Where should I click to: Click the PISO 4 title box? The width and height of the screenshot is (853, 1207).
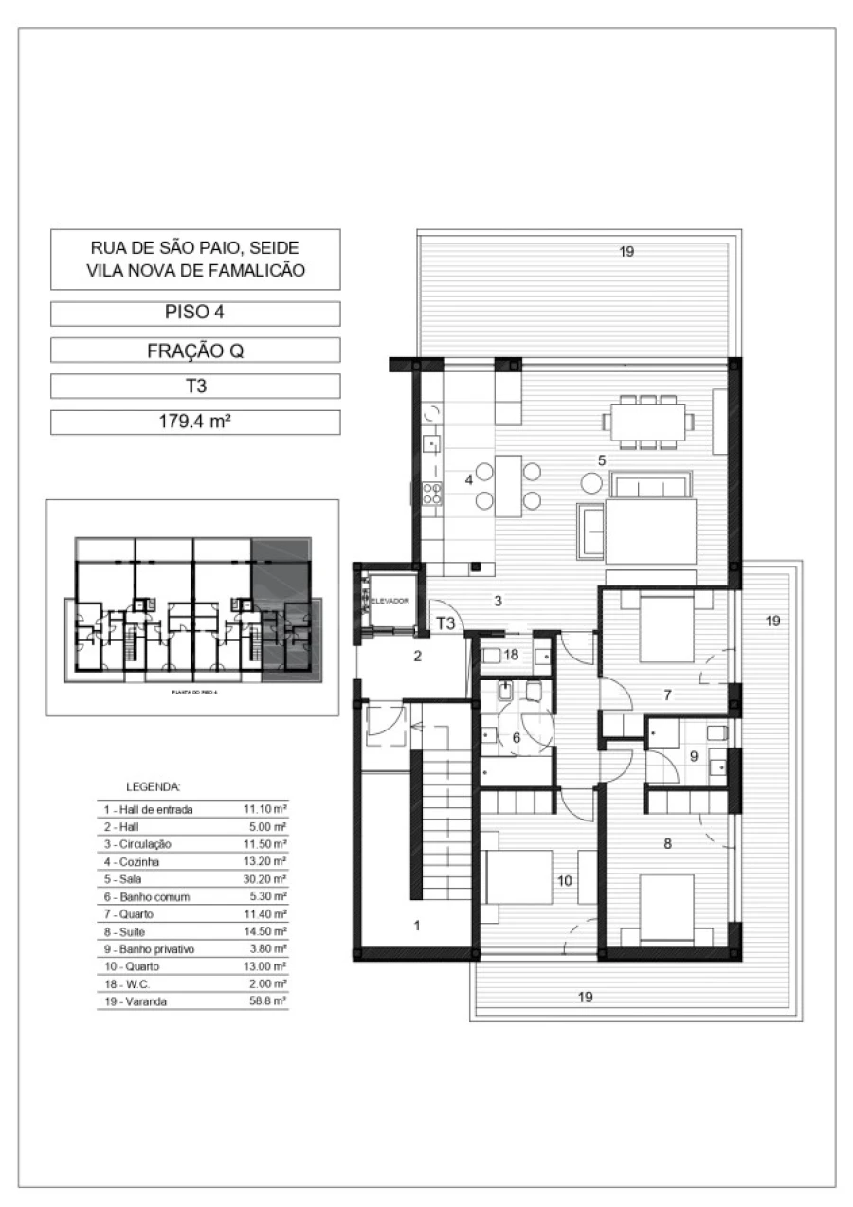tap(194, 314)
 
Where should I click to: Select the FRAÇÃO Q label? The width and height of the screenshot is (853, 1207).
tap(194, 351)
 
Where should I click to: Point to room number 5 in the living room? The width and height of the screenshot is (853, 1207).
tap(601, 459)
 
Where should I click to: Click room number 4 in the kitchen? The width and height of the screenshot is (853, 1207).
tap(468, 479)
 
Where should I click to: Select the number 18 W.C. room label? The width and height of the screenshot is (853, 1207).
tap(510, 655)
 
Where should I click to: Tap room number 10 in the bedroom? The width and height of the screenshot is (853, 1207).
tap(564, 880)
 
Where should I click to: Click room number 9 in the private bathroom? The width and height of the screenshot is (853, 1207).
tap(693, 756)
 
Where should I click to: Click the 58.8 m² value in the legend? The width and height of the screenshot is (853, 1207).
tap(268, 1000)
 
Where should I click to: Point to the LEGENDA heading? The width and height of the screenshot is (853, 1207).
tap(153, 786)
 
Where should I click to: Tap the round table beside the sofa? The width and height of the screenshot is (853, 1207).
tap(592, 482)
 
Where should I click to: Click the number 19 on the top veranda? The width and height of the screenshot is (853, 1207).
tap(626, 251)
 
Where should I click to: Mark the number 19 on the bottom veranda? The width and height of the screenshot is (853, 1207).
tap(586, 996)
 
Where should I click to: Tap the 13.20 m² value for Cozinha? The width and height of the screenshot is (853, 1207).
tap(265, 862)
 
